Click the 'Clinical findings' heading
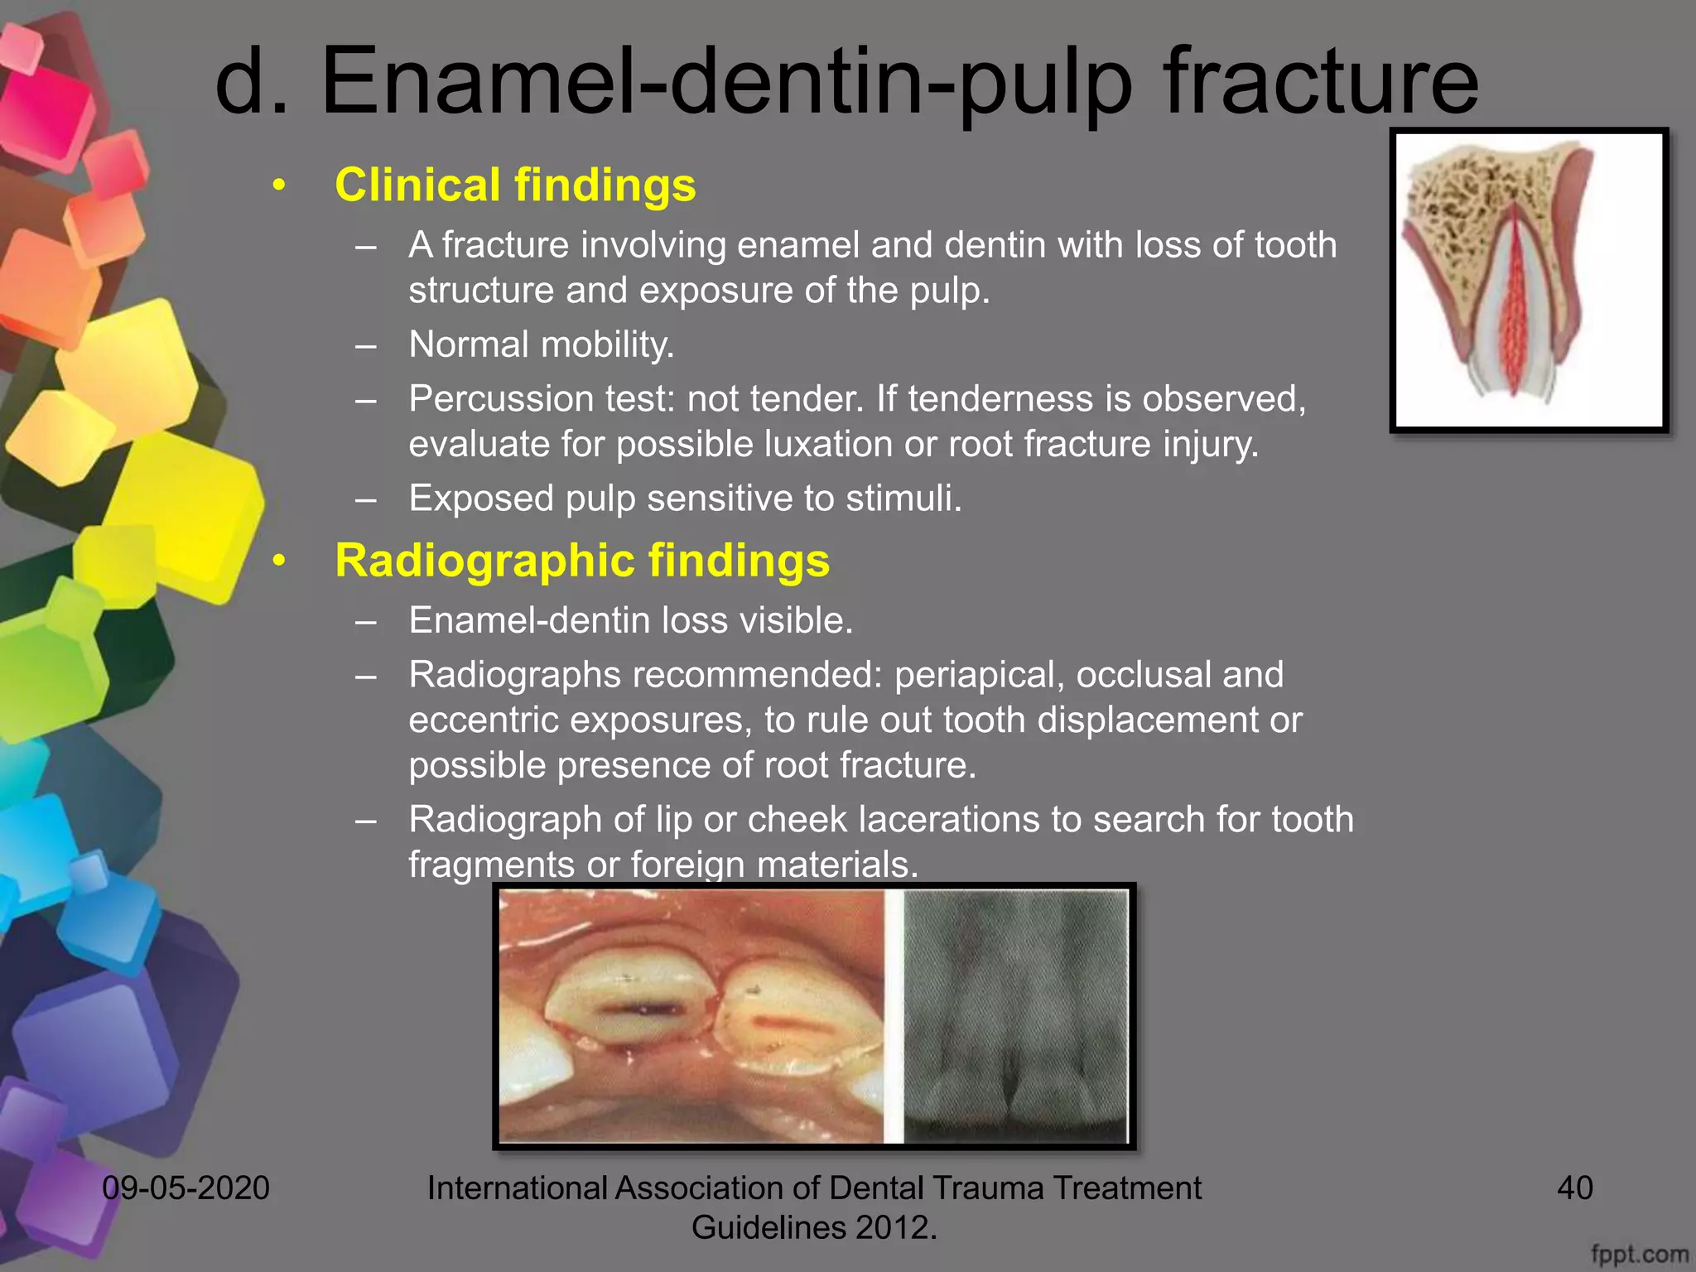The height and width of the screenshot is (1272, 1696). (515, 185)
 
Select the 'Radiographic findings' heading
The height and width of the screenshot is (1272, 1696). (581, 561)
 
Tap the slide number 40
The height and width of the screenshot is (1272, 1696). (1574, 1188)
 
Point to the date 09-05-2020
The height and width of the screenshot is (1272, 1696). (185, 1188)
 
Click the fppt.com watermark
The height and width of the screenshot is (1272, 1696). (1639, 1255)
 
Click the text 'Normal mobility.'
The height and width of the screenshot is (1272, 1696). (542, 344)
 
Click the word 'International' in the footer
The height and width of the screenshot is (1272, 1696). (517, 1188)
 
